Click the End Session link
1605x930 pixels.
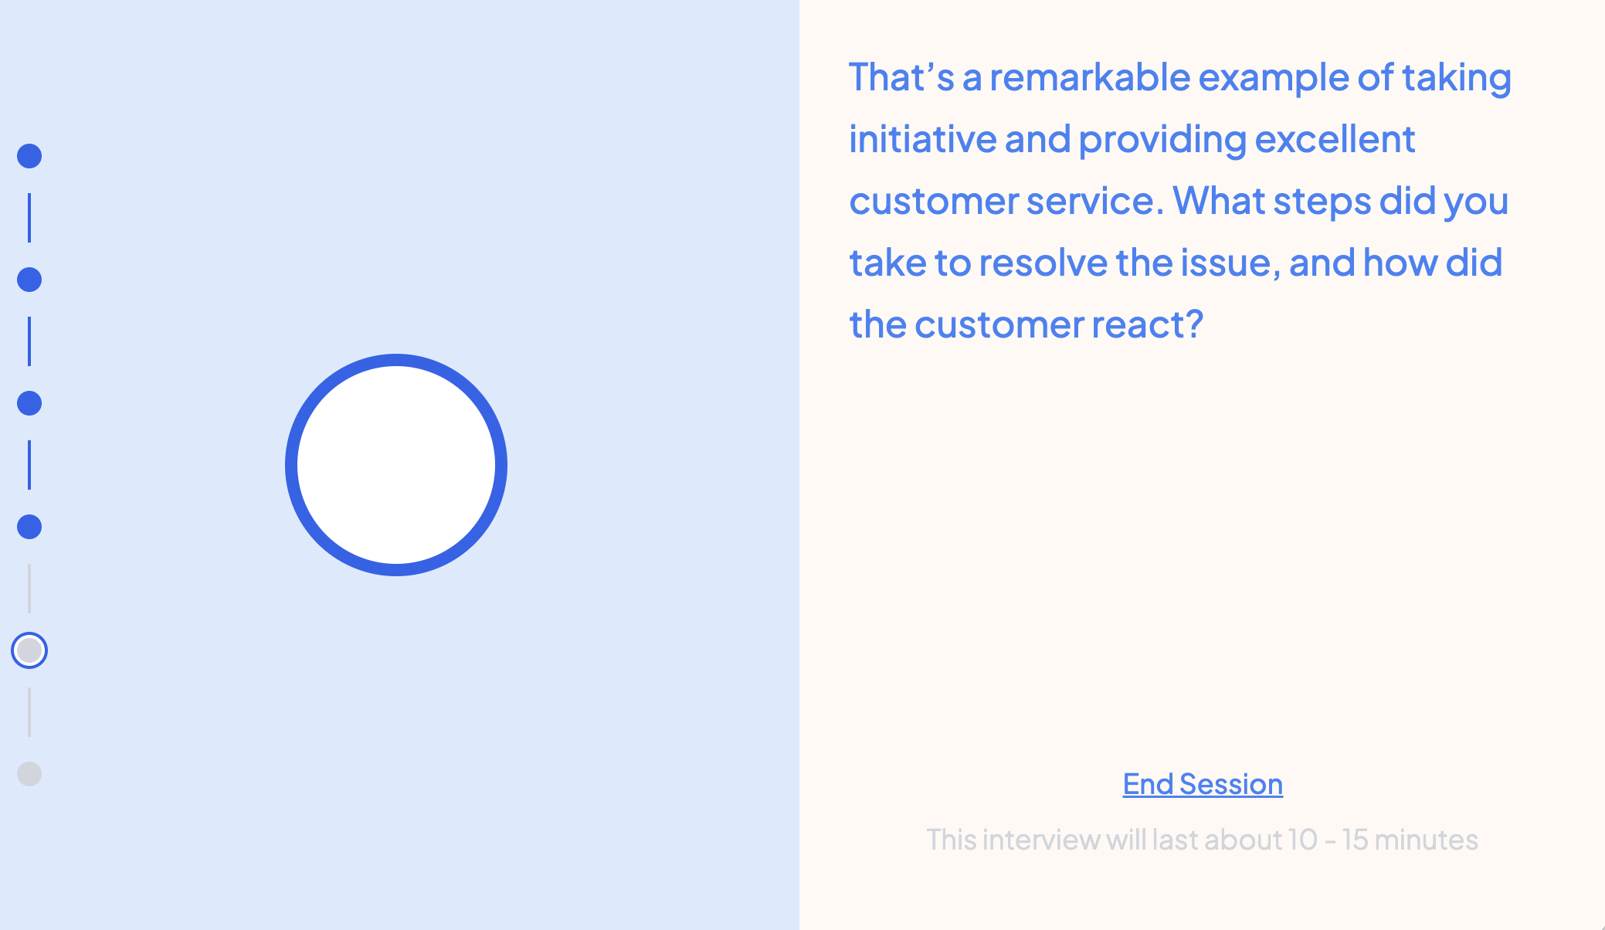coord(1203,784)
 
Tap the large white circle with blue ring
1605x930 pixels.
coord(396,465)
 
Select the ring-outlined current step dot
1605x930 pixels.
coord(29,650)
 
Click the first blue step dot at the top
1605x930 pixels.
coord(29,156)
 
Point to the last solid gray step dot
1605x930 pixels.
coord(29,774)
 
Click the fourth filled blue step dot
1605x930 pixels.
coord(29,527)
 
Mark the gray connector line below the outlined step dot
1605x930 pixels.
coord(29,712)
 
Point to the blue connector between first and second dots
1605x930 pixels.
coord(29,218)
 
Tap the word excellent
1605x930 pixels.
coord(1335,139)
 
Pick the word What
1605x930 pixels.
coord(1218,201)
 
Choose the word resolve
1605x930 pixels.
coord(1043,263)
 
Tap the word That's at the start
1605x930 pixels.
coord(901,77)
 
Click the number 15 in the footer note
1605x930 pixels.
coord(1355,840)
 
